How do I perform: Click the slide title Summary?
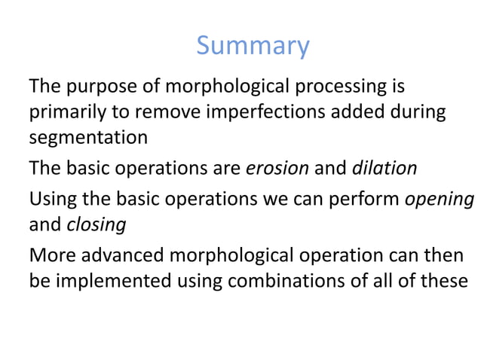pyautogui.click(x=253, y=47)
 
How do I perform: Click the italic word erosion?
pyautogui.click(x=277, y=168)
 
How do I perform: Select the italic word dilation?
pyautogui.click(x=384, y=168)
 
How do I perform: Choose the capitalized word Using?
pyautogui.click(x=51, y=198)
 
